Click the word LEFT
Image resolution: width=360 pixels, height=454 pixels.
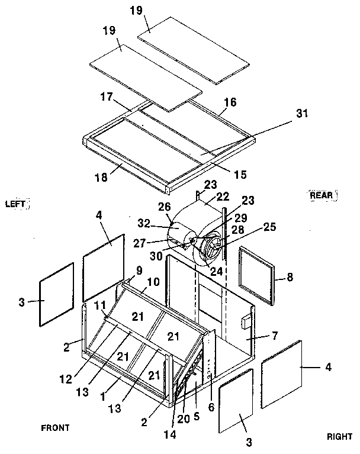pyautogui.click(x=15, y=204)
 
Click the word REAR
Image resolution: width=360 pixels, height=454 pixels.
pyautogui.click(x=323, y=195)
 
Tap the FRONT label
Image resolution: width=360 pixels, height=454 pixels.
pyautogui.click(x=54, y=427)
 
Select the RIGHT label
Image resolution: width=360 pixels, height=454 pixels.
pyautogui.click(x=339, y=437)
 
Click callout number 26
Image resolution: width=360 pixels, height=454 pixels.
pyautogui.click(x=163, y=207)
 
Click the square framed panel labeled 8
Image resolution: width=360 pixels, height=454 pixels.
pyautogui.click(x=258, y=276)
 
